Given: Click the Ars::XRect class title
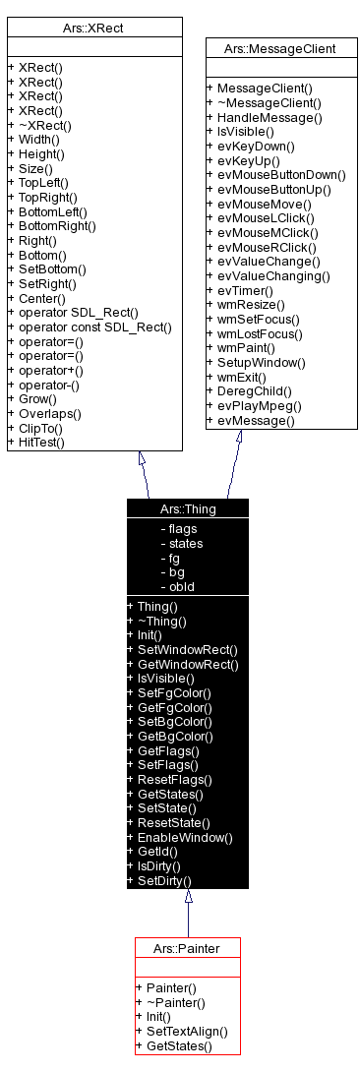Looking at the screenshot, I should tap(94, 30).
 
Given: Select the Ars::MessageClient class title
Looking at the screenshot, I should tap(280, 47).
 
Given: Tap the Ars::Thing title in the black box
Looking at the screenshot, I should tap(188, 508).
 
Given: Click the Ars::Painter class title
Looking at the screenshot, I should tap(187, 948).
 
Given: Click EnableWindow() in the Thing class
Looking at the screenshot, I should tap(185, 837).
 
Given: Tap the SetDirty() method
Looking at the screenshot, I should tap(164, 880).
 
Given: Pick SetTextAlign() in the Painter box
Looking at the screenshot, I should tap(187, 1031).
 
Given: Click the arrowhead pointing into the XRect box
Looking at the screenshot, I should tap(143, 458).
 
